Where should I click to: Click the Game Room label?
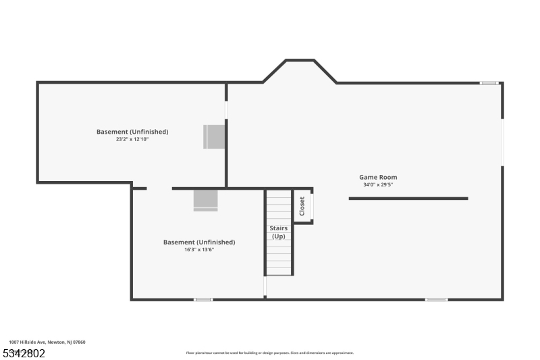(378, 177)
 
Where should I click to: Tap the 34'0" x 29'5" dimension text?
(378, 184)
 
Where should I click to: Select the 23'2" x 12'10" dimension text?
(132, 139)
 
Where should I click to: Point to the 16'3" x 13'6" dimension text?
(199, 249)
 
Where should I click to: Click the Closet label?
(302, 205)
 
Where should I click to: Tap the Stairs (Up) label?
(278, 232)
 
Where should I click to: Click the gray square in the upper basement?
(215, 136)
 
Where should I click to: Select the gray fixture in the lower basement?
(206, 200)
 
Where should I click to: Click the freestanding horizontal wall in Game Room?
(408, 199)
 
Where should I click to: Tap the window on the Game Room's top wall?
(489, 83)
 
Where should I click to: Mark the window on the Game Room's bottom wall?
(436, 299)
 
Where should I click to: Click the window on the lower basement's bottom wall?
(203, 299)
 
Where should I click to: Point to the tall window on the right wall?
(502, 142)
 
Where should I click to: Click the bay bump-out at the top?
(300, 71)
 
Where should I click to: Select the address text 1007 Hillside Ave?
(47, 342)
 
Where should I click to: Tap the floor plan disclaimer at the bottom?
(269, 353)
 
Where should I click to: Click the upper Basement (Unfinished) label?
(132, 132)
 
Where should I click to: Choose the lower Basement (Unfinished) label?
(199, 242)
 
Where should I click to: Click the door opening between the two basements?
(159, 188)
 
